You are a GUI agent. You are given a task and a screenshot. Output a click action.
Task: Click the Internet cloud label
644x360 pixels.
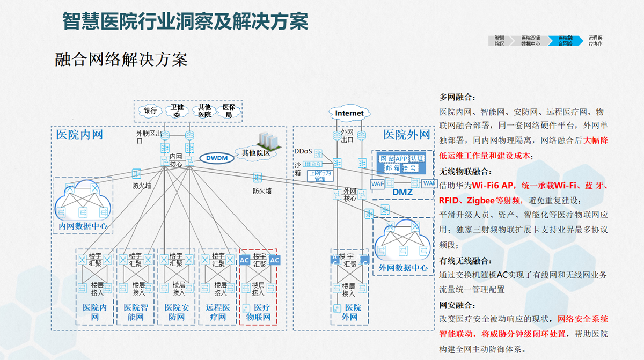(x=349, y=113)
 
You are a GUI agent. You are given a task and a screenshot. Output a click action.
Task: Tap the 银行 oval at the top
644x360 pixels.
(x=150, y=111)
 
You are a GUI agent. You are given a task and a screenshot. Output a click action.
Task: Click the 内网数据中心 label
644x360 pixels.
(x=83, y=226)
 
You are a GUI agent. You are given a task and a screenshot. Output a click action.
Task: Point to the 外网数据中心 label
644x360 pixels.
(x=403, y=267)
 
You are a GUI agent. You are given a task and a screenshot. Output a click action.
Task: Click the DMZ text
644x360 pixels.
(x=402, y=192)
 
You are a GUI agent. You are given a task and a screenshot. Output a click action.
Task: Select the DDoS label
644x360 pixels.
(x=303, y=151)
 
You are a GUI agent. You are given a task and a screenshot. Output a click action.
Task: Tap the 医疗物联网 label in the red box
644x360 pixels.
(x=258, y=312)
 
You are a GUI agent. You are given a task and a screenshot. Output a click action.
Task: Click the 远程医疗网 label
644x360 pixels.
(x=217, y=312)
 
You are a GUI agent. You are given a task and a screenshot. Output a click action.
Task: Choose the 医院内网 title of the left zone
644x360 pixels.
(x=79, y=134)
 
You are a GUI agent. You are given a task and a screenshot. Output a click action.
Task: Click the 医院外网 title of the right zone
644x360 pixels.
(x=407, y=134)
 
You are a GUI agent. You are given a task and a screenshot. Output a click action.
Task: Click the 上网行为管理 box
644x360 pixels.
(x=320, y=175)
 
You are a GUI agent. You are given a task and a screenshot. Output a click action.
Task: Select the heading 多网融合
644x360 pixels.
(x=457, y=97)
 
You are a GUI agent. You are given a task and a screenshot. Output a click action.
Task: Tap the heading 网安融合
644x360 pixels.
(x=457, y=305)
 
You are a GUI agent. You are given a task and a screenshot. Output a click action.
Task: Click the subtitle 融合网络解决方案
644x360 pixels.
(x=121, y=59)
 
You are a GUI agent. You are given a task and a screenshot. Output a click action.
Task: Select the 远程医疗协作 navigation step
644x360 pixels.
(x=595, y=41)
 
